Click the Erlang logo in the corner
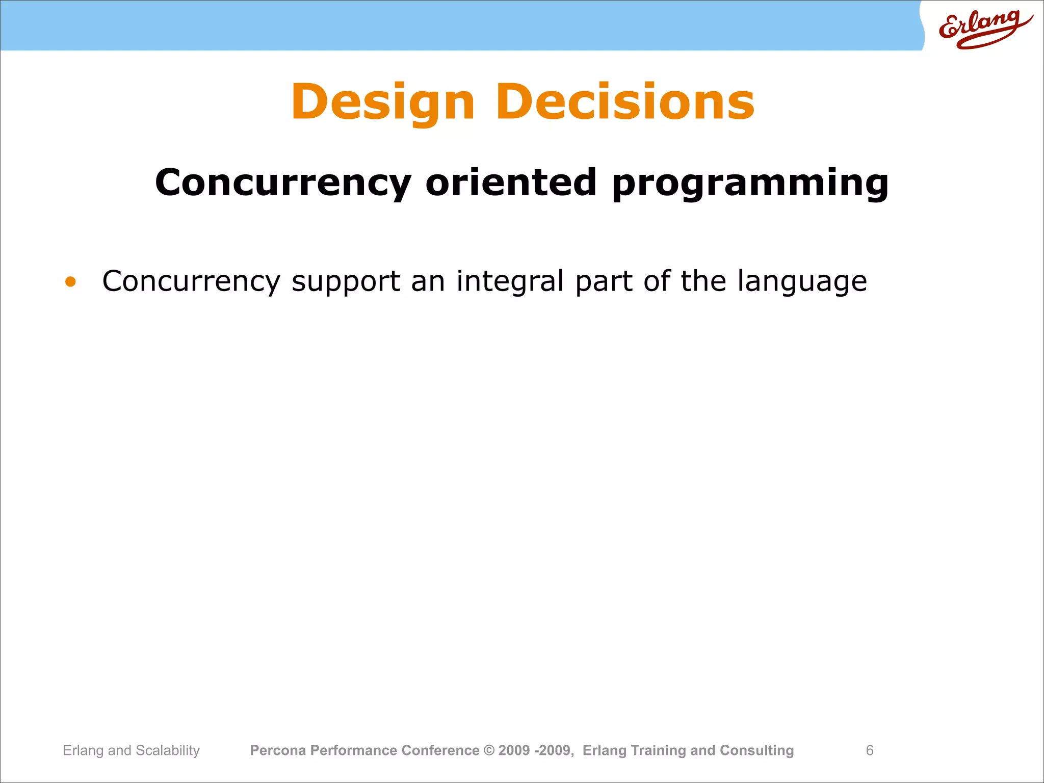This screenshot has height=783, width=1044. pyautogui.click(x=984, y=29)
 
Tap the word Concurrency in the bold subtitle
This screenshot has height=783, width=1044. pyautogui.click(x=283, y=182)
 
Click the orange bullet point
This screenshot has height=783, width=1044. pyautogui.click(x=70, y=281)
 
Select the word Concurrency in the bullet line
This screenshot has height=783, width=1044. pyautogui.click(x=191, y=281)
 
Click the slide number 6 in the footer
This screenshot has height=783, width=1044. pyautogui.click(x=870, y=750)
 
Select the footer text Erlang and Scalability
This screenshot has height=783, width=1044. pyautogui.click(x=131, y=750)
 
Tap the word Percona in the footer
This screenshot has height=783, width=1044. pyautogui.click(x=278, y=750)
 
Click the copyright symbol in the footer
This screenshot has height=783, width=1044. pyautogui.click(x=489, y=750)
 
